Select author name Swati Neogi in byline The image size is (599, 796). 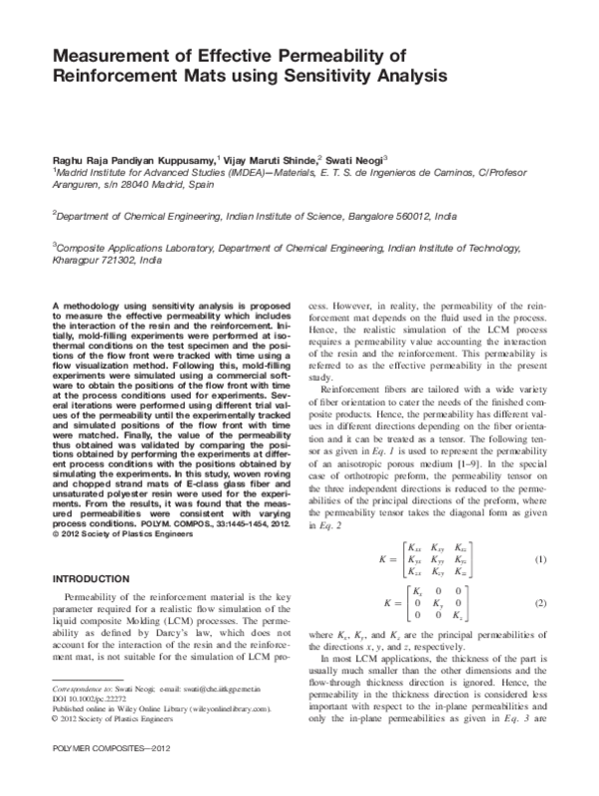click(x=354, y=159)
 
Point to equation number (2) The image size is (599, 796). click(x=540, y=604)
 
